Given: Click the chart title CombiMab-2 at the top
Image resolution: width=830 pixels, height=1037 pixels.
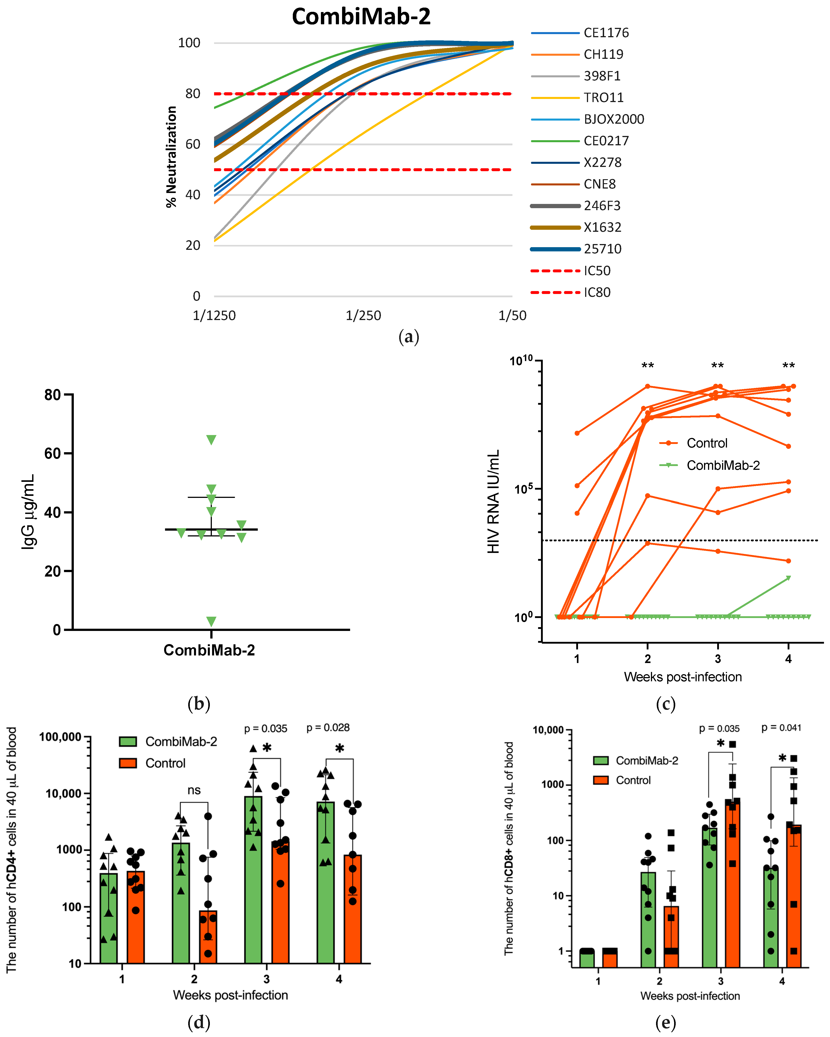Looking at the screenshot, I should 361,17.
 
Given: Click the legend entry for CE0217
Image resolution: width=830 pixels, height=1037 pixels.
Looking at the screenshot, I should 606,141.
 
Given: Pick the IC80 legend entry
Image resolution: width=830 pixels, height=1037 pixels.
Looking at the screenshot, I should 597,292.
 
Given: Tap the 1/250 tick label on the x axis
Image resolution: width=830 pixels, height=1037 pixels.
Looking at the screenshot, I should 363,316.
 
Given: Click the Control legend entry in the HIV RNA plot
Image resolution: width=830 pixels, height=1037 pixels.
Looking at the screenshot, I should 706,443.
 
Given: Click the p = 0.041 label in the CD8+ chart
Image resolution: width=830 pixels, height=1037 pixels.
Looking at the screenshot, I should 781,728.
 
